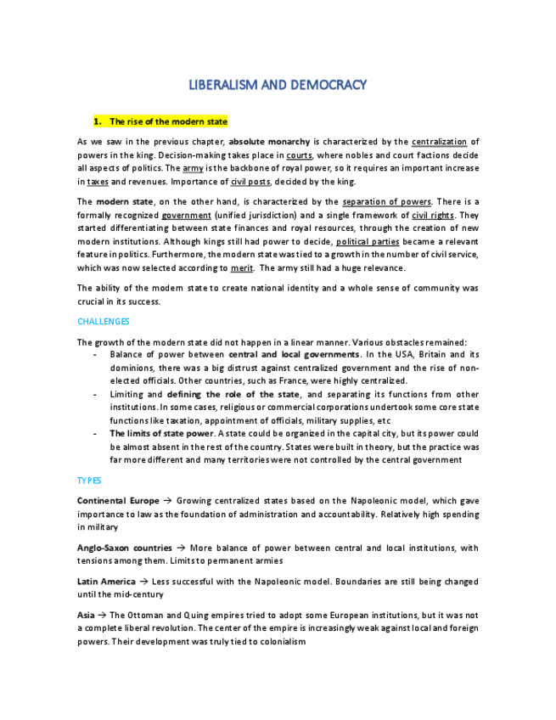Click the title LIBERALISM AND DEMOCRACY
coord(277,85)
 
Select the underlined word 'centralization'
coord(439,142)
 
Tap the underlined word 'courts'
coord(299,155)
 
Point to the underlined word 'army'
coord(193,168)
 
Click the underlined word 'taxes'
coord(98,182)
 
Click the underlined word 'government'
coord(186,215)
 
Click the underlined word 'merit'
coord(241,268)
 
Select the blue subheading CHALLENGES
coord(103,322)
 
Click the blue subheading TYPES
coord(89,481)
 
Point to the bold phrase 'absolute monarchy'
coord(269,142)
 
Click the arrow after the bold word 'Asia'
coord(102,616)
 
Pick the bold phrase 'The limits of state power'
coord(161,434)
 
